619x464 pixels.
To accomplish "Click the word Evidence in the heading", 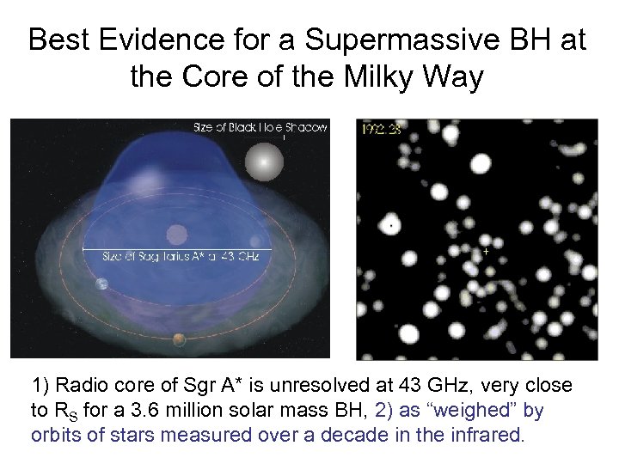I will (x=169, y=40).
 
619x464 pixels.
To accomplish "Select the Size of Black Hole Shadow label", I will (x=260, y=127).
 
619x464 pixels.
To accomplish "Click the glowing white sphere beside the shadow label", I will (x=264, y=161).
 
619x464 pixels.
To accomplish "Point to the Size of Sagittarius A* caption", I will (x=181, y=255).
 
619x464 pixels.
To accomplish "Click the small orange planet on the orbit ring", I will (x=179, y=339).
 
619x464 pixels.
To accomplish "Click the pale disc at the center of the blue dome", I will (x=177, y=234).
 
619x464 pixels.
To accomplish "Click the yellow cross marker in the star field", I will (x=487, y=252).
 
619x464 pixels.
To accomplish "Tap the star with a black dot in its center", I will (x=391, y=225).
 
